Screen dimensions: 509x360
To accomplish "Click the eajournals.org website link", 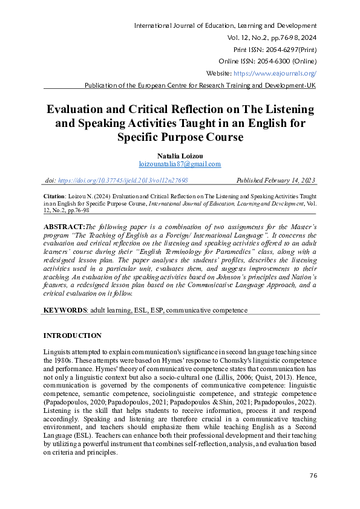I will (275, 73).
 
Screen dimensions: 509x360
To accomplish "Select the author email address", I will (180, 164).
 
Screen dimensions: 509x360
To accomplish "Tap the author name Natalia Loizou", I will (180, 155).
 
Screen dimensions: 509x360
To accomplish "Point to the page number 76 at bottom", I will (313, 476).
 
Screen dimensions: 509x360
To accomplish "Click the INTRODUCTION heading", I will (73, 336).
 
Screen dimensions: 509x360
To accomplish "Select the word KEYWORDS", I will (65, 310).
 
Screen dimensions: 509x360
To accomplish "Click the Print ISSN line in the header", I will (275, 49).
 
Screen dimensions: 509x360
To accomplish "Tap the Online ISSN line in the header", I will (267, 61).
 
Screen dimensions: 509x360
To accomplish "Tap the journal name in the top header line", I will (225, 26).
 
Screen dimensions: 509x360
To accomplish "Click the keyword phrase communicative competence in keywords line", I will (207, 310).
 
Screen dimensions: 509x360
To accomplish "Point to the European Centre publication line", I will (200, 85).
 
